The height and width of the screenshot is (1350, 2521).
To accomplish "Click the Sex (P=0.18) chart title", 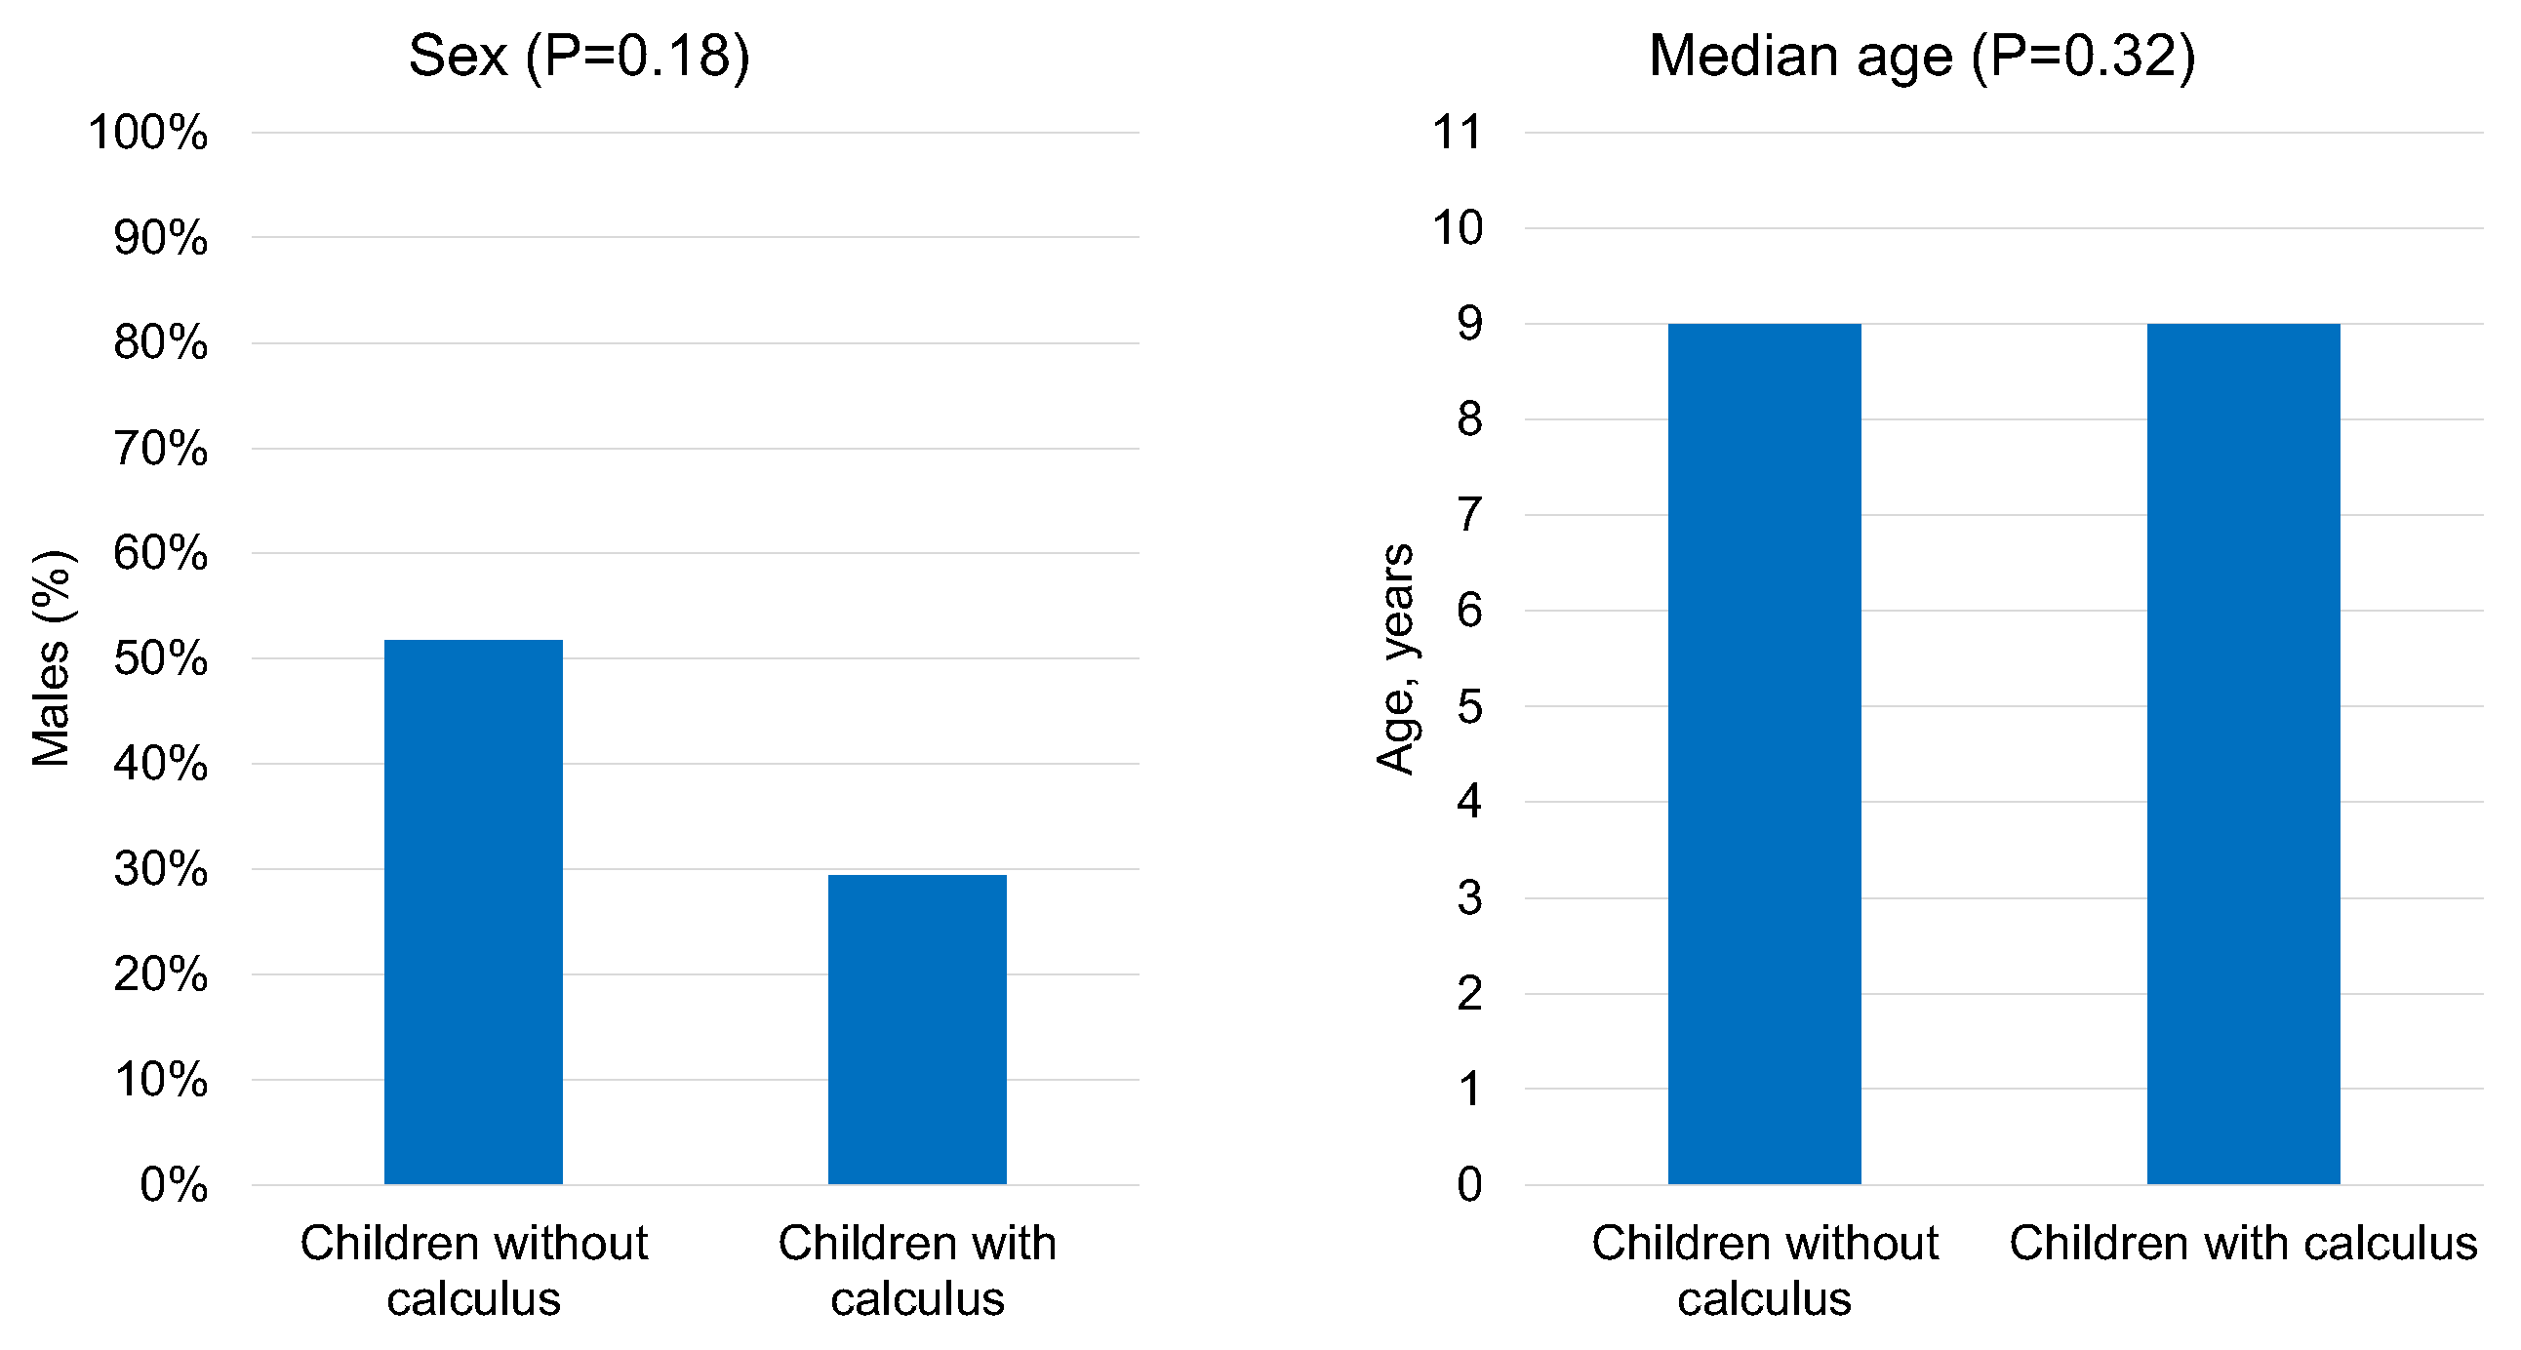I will (579, 56).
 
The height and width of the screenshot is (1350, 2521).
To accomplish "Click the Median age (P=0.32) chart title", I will (1921, 56).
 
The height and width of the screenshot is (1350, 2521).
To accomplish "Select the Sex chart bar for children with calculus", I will (917, 1028).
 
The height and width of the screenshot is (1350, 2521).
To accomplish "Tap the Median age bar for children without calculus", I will (1764, 753).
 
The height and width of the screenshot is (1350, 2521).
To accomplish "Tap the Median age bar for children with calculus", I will (2242, 753).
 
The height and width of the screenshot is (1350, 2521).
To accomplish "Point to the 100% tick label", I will (147, 132).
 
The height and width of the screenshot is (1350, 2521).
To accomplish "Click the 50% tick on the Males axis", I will (161, 658).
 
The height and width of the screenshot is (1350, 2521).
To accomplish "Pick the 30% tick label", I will (161, 869).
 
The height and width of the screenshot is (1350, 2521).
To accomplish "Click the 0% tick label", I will (174, 1185).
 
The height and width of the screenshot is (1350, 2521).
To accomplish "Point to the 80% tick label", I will (161, 342).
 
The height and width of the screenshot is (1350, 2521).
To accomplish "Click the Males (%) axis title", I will (52, 657).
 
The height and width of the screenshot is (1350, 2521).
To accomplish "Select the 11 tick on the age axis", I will (1458, 132).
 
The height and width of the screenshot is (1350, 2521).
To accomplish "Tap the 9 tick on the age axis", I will (1469, 324).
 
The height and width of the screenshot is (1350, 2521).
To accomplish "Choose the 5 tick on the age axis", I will (1469, 706).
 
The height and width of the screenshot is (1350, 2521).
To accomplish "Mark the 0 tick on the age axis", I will (1469, 1185).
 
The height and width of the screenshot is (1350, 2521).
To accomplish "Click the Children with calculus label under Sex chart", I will (917, 1270).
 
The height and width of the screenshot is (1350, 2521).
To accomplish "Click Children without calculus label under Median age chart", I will (1764, 1270).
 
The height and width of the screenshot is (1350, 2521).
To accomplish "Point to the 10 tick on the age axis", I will (1458, 228).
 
